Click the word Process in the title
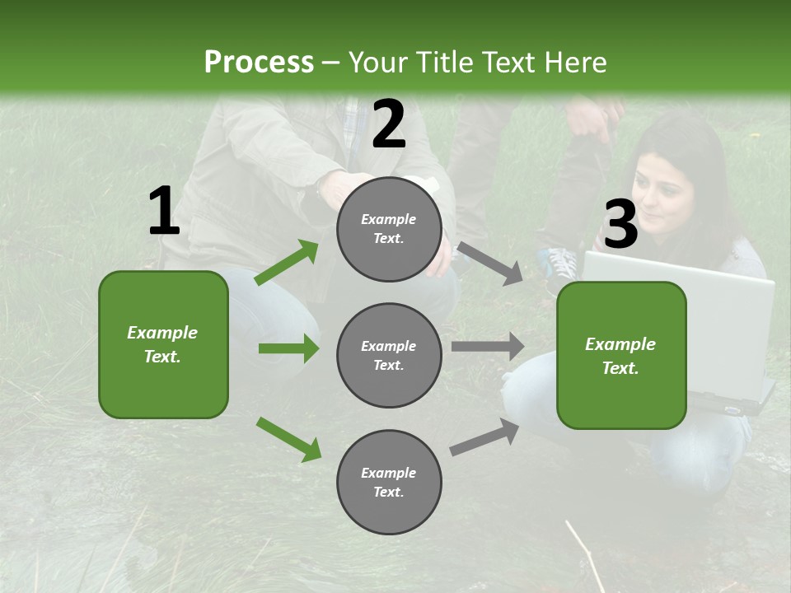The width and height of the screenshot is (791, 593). (x=259, y=63)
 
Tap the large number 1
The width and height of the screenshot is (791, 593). (x=163, y=212)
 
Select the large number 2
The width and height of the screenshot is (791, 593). (x=389, y=124)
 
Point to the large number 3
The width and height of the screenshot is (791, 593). (x=620, y=225)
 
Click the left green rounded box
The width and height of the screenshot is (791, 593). (x=163, y=344)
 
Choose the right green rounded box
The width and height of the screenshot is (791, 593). (x=621, y=355)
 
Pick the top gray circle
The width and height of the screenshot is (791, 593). (x=389, y=229)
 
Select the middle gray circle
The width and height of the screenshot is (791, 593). (x=389, y=355)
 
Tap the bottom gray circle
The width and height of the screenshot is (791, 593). (x=389, y=482)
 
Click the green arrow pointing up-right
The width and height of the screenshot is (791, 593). (x=286, y=263)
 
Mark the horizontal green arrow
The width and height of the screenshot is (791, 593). (x=288, y=348)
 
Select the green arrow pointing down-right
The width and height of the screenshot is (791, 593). (x=288, y=439)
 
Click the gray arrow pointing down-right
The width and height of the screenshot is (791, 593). (x=490, y=263)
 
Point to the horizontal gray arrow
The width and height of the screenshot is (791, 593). (x=488, y=347)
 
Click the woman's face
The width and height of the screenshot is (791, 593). (x=665, y=198)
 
